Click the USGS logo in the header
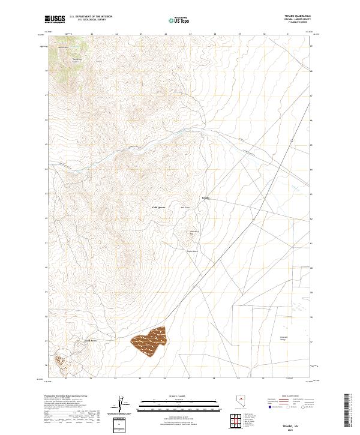pyautogui.click(x=55, y=19)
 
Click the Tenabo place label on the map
pyautogui.click(x=205, y=197)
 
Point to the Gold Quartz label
pyautogui.click(x=158, y=208)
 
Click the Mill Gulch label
pyautogui.click(x=187, y=208)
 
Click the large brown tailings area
pyautogui.click(x=149, y=343)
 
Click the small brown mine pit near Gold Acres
pyautogui.click(x=60, y=360)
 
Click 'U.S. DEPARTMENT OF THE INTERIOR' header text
pyautogui.click(x=91, y=17)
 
